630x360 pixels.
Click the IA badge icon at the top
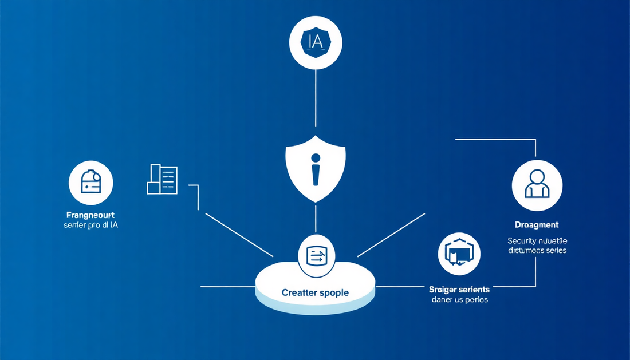click(316, 42)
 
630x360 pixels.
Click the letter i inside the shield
click(316, 170)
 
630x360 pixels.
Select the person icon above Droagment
click(537, 185)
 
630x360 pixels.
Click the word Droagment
click(537, 225)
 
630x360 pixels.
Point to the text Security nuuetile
click(537, 241)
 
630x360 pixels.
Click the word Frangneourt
click(90, 215)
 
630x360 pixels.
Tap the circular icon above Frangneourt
click(90, 183)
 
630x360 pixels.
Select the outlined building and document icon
click(163, 179)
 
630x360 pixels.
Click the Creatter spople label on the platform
click(315, 292)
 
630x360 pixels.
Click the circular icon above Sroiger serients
click(459, 254)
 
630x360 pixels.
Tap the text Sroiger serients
click(459, 290)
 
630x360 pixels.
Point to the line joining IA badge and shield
click(316, 97)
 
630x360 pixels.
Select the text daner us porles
click(459, 299)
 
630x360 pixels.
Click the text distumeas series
click(537, 250)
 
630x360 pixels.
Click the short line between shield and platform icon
click(316, 220)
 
